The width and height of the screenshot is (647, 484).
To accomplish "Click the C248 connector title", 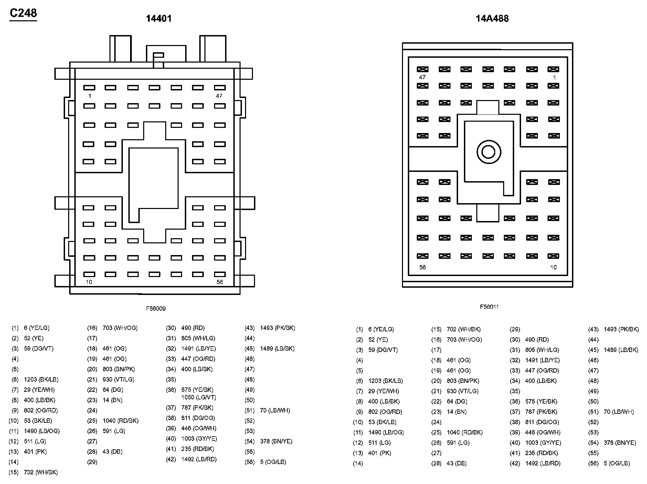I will (23, 13).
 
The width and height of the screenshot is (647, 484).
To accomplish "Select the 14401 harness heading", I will (158, 19).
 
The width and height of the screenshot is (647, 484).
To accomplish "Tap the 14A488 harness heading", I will (492, 19).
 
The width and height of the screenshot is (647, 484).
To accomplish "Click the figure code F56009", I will (156, 309).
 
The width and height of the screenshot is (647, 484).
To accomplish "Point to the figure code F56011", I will (489, 307).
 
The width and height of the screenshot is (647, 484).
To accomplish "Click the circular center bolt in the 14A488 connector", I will (488, 152).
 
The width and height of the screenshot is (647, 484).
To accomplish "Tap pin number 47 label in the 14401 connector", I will (219, 96).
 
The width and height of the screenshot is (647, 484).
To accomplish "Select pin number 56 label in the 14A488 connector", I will (422, 267).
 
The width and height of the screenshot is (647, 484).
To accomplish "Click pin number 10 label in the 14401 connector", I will (89, 282).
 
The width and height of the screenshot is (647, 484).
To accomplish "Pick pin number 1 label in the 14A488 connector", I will (554, 78).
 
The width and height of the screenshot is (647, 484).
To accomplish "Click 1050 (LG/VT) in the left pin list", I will (199, 397).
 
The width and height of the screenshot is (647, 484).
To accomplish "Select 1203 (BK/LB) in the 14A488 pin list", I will (385, 381).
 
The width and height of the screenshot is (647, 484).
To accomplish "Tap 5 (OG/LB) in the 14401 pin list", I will (273, 462).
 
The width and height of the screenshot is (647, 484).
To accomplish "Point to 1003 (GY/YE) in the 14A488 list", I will (543, 443).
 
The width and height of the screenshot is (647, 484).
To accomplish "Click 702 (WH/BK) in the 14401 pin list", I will (41, 472).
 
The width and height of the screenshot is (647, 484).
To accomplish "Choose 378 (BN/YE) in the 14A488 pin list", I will (620, 443).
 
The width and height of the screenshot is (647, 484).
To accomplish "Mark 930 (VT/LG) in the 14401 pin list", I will (118, 379).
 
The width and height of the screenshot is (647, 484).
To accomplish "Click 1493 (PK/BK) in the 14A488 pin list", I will (621, 329).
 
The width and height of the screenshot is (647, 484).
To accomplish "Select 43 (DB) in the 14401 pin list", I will (113, 452).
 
